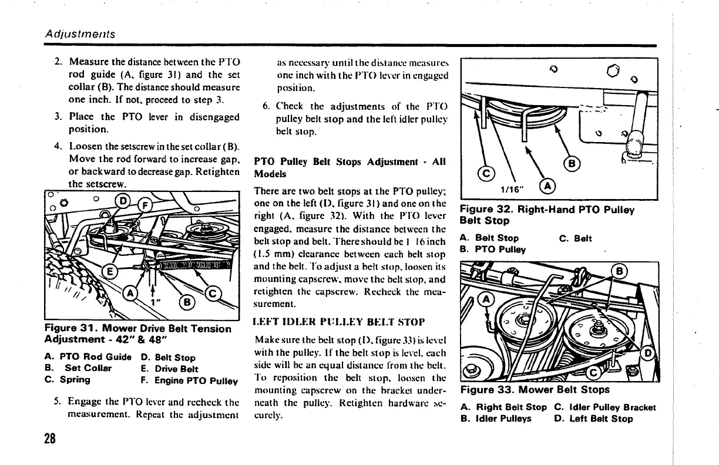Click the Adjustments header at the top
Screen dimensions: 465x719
pyautogui.click(x=80, y=34)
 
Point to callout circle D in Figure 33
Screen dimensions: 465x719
pyautogui.click(x=649, y=353)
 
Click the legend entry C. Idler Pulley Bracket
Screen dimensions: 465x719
pyautogui.click(x=605, y=407)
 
